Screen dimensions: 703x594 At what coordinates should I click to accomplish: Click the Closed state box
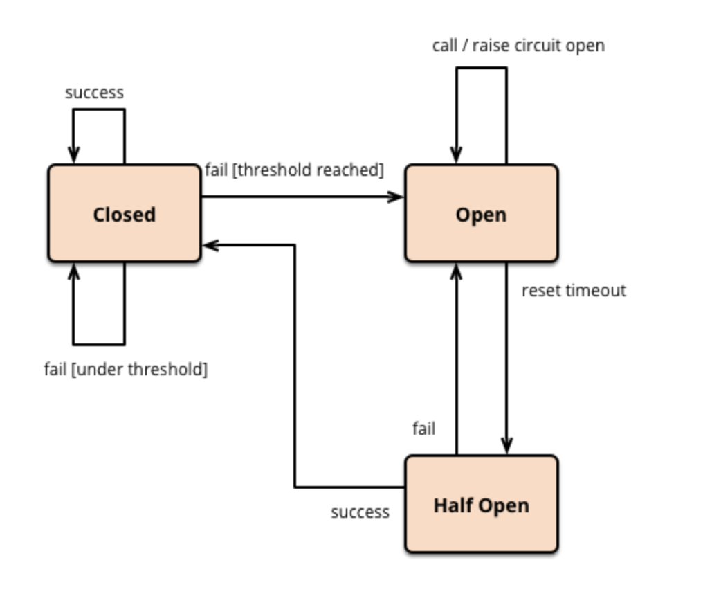[x=124, y=213]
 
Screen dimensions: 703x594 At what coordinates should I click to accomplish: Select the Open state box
[x=482, y=213]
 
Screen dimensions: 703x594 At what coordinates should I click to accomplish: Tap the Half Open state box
[x=482, y=504]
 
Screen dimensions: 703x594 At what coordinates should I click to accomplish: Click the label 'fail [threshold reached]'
[x=295, y=170]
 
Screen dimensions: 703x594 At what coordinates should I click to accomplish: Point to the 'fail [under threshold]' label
[x=126, y=370]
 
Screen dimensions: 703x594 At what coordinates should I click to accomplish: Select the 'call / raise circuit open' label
[x=519, y=45]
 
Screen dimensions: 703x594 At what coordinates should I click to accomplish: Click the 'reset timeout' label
[x=574, y=291]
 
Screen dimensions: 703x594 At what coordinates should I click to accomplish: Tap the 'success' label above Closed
[x=95, y=93]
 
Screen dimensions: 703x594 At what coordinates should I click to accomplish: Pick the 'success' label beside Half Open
[x=360, y=512]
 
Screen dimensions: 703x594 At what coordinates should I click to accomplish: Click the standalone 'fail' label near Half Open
[x=423, y=429]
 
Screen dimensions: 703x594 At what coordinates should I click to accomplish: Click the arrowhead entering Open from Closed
[x=396, y=197]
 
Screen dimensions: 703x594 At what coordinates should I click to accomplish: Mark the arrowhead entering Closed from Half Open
[x=210, y=245]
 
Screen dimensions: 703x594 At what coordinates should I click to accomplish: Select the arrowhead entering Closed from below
[x=73, y=271]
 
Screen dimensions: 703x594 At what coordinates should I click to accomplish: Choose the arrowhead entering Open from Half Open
[x=457, y=271]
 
